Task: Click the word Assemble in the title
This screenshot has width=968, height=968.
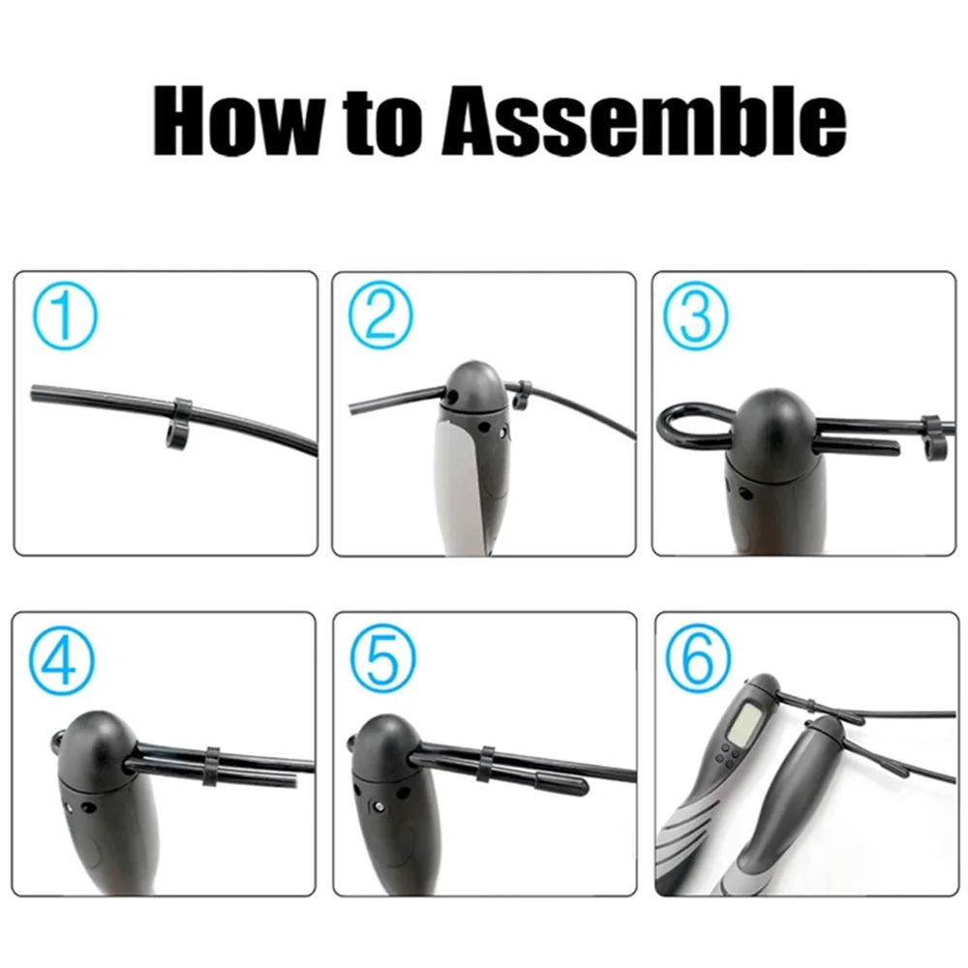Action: (x=644, y=120)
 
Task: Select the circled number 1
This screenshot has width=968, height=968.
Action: (x=64, y=317)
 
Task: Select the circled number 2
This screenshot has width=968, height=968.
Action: (x=380, y=317)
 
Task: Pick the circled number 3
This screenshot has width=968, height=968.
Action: (x=695, y=317)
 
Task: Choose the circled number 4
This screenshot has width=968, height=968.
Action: (x=62, y=657)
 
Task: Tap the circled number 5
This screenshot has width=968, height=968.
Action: (x=382, y=657)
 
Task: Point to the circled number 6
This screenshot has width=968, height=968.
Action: (x=698, y=657)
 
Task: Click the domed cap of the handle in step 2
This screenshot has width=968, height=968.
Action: (x=474, y=387)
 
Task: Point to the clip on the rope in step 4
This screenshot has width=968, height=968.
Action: (x=212, y=768)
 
